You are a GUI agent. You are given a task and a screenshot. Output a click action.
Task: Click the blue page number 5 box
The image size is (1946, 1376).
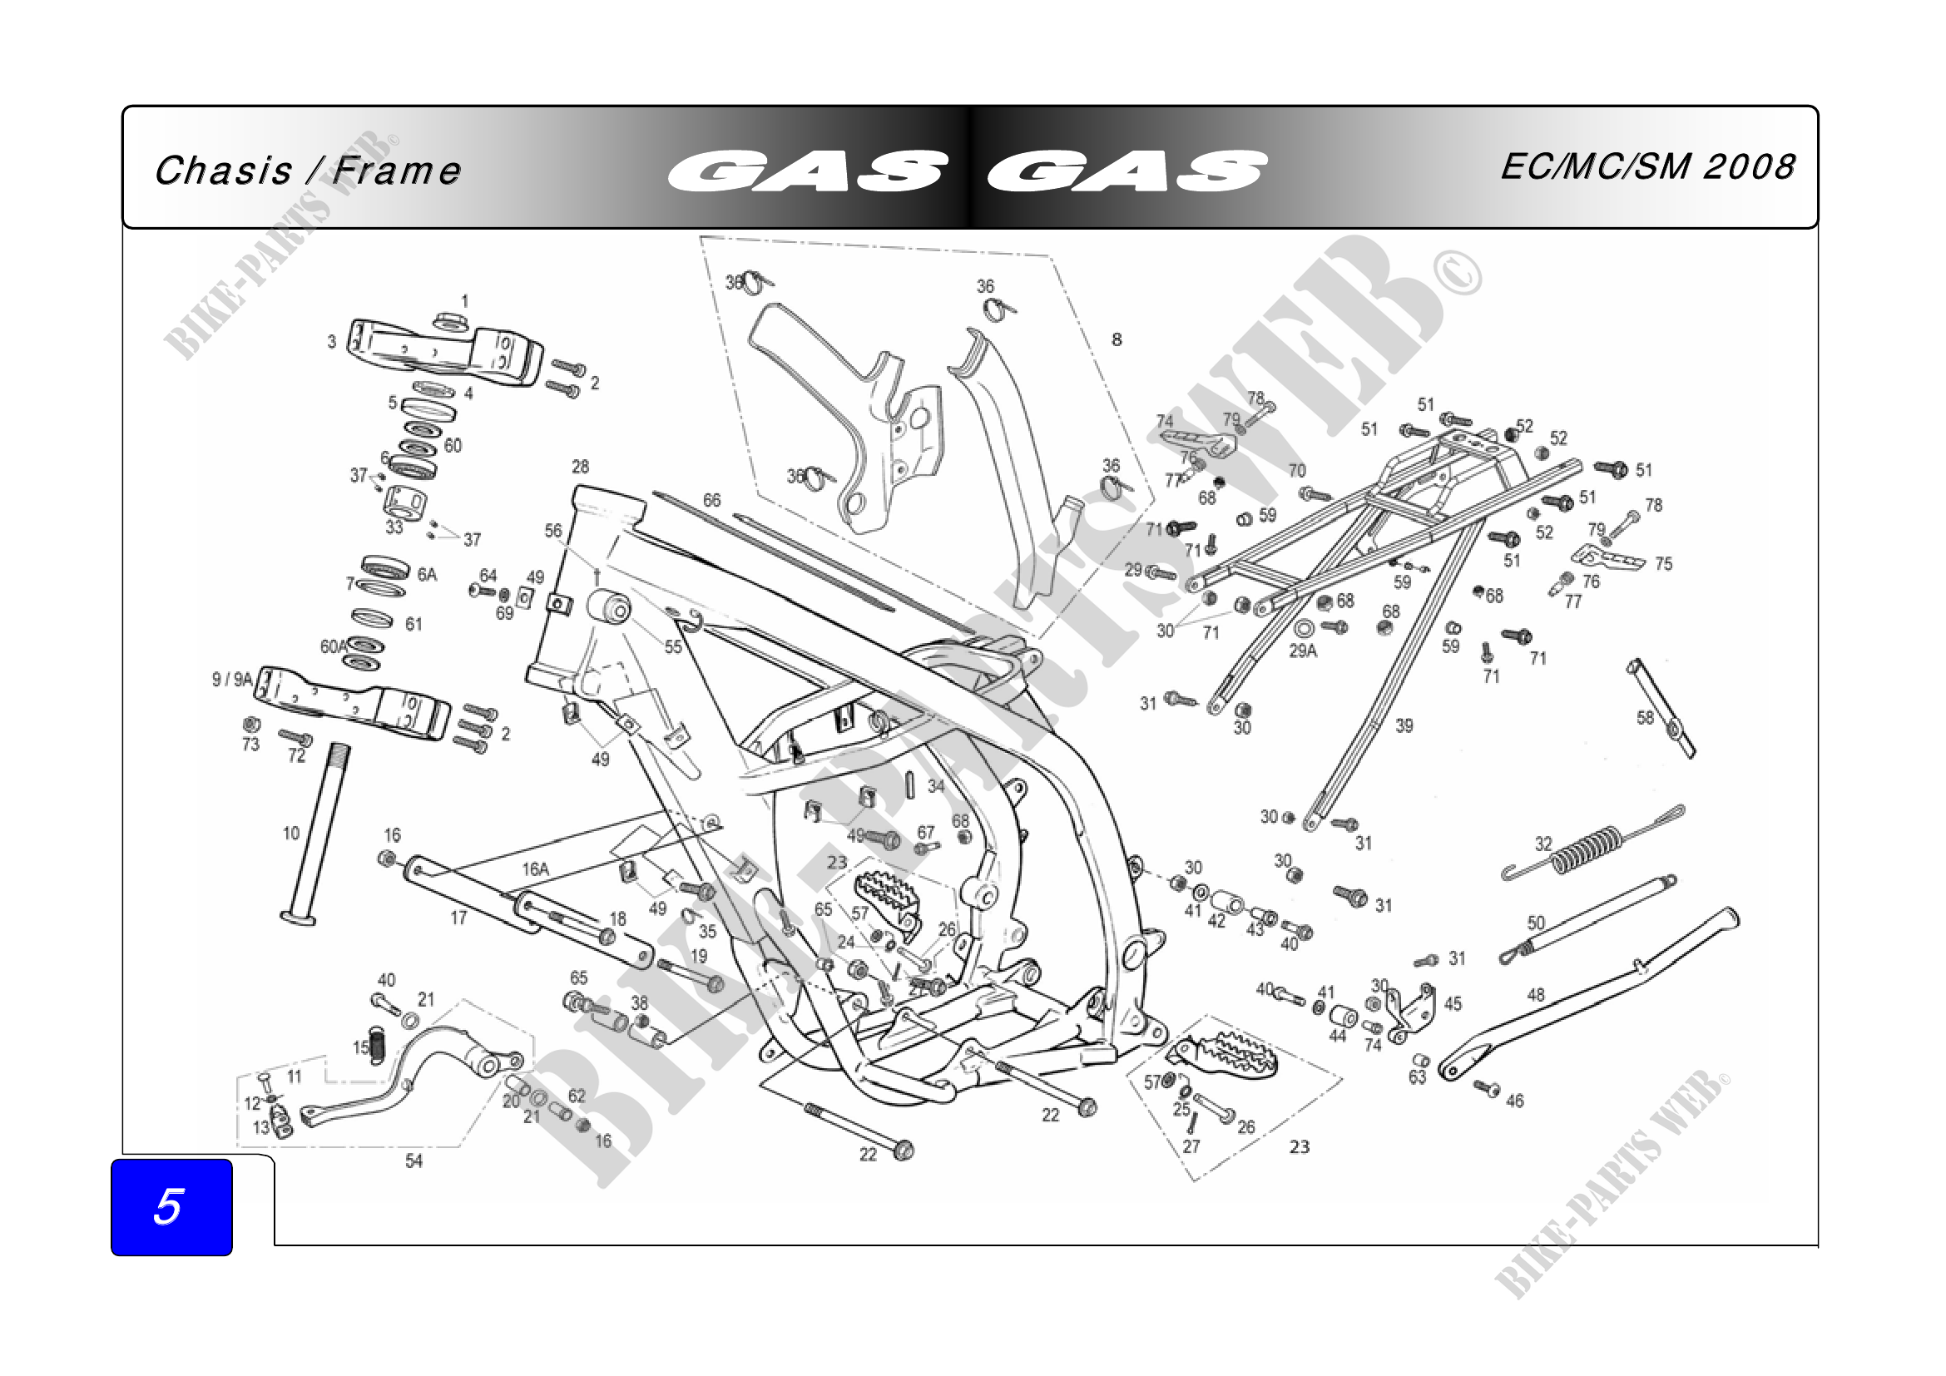point(171,1206)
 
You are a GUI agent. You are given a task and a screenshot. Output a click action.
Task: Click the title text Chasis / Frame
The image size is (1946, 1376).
point(308,171)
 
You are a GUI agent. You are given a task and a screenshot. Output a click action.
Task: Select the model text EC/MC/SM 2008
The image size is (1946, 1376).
point(1647,167)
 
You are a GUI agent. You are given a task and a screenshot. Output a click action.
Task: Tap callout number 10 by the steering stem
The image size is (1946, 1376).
point(290,834)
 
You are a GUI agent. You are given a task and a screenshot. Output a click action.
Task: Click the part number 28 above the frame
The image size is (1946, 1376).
point(580,467)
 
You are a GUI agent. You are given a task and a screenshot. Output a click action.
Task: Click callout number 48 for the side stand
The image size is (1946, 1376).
point(1536,995)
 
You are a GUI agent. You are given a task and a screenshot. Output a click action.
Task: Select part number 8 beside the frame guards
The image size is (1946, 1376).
point(1117,339)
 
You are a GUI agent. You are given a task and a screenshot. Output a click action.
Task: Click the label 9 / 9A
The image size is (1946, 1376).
point(232,680)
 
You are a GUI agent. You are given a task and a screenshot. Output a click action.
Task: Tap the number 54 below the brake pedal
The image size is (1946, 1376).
point(413,1161)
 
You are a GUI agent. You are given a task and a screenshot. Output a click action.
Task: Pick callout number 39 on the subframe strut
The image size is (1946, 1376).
point(1404,726)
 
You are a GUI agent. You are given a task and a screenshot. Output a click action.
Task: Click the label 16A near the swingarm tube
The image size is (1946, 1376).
point(536,869)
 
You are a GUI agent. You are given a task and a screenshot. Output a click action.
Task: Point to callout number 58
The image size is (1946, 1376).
point(1645,719)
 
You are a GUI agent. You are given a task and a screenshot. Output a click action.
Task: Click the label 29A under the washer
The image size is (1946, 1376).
point(1303,651)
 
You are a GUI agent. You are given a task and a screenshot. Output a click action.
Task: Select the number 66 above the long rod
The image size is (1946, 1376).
point(712,501)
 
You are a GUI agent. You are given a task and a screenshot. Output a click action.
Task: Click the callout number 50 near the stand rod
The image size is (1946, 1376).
point(1537,923)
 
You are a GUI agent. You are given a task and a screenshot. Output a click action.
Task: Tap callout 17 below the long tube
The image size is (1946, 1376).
point(458,918)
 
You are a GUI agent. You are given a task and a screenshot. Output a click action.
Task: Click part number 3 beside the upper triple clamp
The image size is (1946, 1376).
point(331,342)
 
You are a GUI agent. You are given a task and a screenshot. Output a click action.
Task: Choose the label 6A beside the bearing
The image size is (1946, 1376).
point(427,576)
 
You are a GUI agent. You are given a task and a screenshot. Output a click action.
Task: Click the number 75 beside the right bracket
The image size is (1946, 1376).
point(1664,564)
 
